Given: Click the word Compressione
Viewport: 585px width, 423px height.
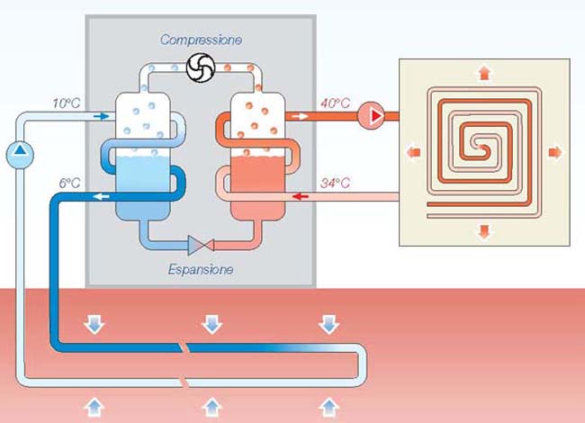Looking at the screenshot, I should [201, 40].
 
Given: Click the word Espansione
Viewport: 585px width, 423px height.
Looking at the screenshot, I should [201, 268].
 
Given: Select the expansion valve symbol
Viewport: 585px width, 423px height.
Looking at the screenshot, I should [198, 243].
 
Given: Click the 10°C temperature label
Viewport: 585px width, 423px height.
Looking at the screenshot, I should [67, 103].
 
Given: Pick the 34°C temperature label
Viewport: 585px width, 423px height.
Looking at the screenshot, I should [335, 184].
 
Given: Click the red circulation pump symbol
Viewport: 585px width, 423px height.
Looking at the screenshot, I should [369, 116].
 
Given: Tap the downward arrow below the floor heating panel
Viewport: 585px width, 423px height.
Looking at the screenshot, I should [484, 231].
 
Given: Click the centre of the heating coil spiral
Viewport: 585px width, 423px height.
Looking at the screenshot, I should [484, 147].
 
